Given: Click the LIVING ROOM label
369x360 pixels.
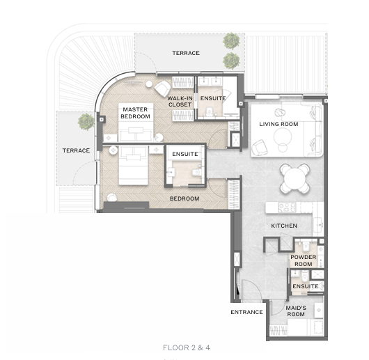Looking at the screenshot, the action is (278, 124).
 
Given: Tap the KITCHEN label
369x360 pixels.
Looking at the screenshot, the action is (284, 226).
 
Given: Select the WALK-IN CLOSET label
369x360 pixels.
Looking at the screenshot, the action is (180, 102).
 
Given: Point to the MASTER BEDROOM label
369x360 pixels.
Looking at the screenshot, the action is (135, 113).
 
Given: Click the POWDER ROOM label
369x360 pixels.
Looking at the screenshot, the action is (304, 260).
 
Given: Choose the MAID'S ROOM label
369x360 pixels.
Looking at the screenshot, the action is (296, 311).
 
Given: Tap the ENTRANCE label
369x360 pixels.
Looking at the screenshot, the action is (246, 312).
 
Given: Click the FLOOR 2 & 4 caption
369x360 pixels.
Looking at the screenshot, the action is (187, 347).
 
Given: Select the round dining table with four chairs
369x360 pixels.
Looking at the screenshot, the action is (295, 178).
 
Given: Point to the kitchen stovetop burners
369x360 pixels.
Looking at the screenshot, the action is (287, 208).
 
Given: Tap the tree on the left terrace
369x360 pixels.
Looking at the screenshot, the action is (86, 122).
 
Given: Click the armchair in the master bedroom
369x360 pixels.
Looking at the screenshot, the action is (162, 88).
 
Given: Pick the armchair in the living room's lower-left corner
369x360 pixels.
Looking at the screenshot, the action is (259, 148).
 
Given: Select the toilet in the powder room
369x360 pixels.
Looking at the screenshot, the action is (306, 246).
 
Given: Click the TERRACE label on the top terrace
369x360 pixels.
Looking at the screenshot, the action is (186, 53).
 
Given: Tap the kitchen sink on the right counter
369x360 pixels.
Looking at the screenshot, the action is (320, 225).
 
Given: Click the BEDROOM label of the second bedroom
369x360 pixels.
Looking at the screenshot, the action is (184, 198).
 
